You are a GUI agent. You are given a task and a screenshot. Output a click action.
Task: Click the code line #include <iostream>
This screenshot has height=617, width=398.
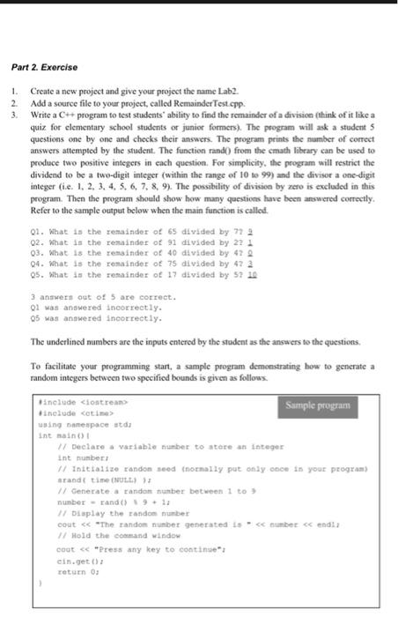click(x=74, y=402)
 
